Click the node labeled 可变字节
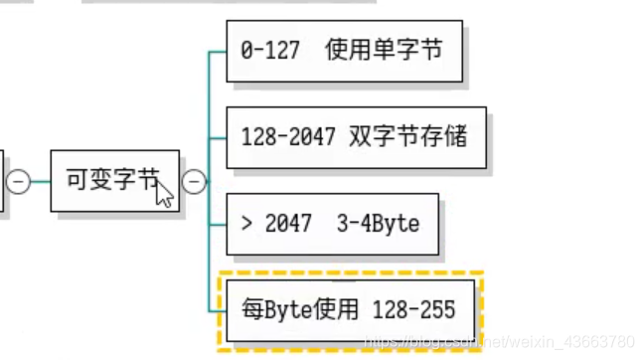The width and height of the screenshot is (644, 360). tap(114, 181)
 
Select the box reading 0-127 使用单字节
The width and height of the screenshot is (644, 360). tap(345, 50)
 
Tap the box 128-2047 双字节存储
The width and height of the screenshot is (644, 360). tap(357, 137)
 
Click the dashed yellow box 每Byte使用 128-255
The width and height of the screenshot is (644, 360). tap(349, 309)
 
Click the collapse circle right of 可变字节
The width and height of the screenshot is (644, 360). tap(195, 182)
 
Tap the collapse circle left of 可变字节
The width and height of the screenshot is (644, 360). tap(18, 182)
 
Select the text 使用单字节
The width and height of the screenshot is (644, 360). tap(384, 51)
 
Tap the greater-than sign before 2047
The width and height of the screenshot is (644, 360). tap(245, 224)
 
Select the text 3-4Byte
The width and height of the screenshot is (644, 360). tap(380, 224)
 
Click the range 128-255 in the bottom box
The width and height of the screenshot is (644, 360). tap(413, 310)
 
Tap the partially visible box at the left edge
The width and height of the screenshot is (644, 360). tap(2, 182)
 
